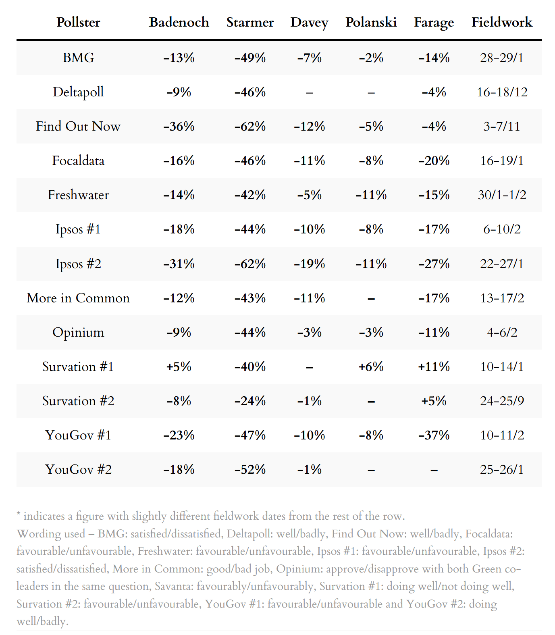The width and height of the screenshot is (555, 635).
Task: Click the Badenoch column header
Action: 179,22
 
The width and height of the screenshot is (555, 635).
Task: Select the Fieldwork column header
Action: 502,22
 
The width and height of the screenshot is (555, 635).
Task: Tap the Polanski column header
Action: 371,22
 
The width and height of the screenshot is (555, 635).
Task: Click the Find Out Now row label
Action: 78,126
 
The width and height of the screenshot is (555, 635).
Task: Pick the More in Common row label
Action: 78,298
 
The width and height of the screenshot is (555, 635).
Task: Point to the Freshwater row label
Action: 78,195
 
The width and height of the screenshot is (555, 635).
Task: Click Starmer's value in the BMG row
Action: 250,58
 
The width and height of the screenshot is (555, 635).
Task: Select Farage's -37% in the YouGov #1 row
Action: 434,435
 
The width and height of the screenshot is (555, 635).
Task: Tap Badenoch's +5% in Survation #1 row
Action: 179,366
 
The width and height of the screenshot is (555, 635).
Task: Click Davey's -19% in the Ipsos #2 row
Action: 309,264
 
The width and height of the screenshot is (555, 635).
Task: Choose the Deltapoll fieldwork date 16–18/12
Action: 502,92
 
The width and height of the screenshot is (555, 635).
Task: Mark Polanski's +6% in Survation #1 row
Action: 371,366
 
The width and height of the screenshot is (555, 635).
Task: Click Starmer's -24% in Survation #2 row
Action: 250,401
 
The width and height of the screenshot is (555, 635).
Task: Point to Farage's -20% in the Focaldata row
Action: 434,160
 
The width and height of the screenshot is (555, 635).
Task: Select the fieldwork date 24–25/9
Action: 502,401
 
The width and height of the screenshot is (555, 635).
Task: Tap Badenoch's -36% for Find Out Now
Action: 179,126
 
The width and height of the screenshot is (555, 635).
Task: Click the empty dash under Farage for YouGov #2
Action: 434,470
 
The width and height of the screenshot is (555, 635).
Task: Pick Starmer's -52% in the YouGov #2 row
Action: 250,469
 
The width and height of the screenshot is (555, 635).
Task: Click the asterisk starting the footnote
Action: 19,514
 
